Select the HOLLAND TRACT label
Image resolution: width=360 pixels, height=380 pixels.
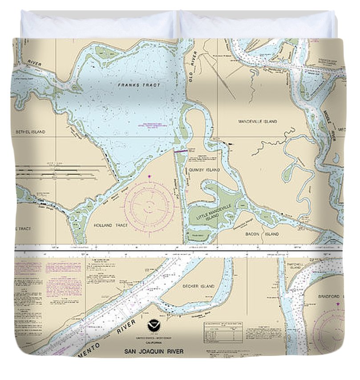(x=111, y=225)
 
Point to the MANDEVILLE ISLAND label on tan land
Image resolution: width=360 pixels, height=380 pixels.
(x=257, y=121)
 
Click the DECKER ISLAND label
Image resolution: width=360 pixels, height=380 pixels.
(x=201, y=286)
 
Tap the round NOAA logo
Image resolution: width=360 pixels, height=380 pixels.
(x=154, y=327)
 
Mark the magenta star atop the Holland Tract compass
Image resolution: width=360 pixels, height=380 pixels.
(x=149, y=177)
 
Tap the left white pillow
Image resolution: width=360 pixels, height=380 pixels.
(x=98, y=25)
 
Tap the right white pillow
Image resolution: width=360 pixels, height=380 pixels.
(x=257, y=25)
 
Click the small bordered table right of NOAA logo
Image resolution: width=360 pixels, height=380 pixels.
(x=223, y=332)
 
